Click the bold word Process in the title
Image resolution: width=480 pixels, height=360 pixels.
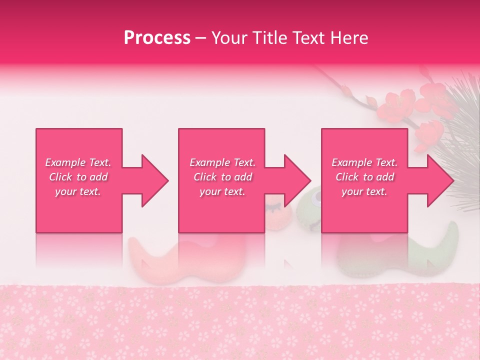tap(157, 38)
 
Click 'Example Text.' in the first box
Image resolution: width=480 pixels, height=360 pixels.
tap(78, 162)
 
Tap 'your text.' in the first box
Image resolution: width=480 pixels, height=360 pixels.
tap(78, 191)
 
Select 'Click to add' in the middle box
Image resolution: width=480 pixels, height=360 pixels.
tap(222, 177)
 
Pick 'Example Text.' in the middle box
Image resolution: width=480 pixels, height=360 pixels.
tap(222, 162)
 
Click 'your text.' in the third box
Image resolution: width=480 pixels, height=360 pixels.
tap(364, 191)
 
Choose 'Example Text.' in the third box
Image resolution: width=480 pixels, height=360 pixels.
tap(364, 162)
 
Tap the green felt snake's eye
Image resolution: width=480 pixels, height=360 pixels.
tap(315, 199)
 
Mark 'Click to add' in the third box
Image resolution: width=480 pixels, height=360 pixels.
tap(364, 177)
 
